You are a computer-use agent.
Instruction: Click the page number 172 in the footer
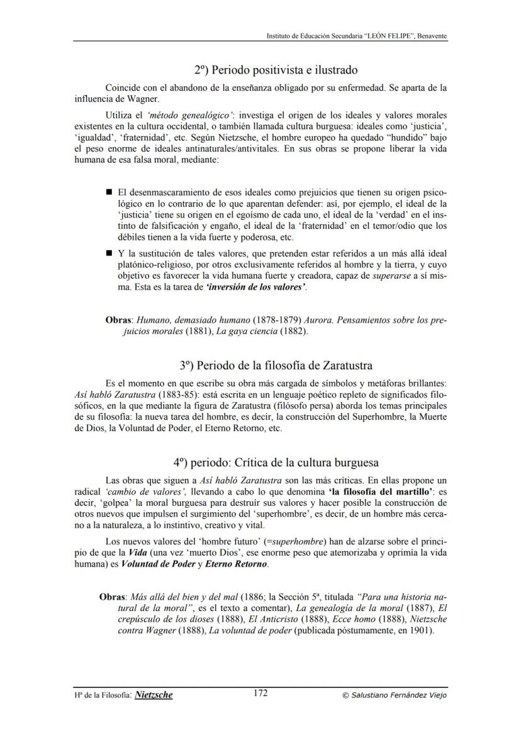pos(260,693)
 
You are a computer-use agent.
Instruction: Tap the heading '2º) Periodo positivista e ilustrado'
pos(276,69)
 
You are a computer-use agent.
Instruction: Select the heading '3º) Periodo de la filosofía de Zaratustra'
pos(276,365)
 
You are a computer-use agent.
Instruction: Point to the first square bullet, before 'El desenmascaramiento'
pos(109,191)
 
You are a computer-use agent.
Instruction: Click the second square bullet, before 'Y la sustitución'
pos(109,253)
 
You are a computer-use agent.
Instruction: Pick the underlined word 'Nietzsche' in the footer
pos(154,695)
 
